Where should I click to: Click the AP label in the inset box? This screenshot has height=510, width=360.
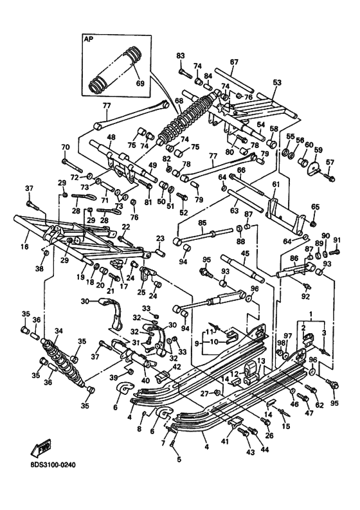[x=88, y=39]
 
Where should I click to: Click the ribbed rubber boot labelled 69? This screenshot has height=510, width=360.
[x=113, y=67]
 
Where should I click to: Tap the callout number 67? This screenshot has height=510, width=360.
[x=234, y=62]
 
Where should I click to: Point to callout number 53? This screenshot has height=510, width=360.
[x=277, y=82]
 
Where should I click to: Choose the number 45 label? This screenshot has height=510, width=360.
[x=244, y=253]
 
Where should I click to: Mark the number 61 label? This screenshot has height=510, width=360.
[x=276, y=185]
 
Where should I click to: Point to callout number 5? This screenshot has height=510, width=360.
[x=179, y=459]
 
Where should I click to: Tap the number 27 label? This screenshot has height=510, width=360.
[x=203, y=394]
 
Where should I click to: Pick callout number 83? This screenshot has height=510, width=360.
[x=180, y=55]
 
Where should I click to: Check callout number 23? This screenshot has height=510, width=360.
[x=160, y=238]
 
